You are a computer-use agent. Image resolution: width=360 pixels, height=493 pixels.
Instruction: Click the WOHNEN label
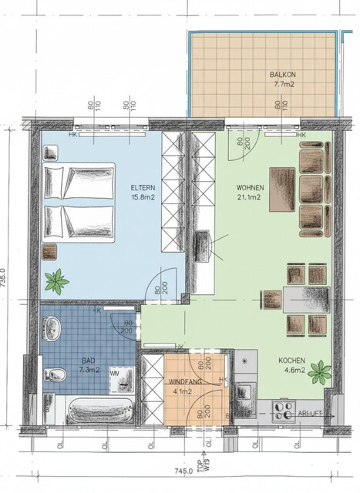[251, 188]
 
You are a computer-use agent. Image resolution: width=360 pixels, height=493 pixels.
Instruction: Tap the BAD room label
[89, 360]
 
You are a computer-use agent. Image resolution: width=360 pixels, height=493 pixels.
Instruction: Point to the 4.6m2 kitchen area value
[295, 371]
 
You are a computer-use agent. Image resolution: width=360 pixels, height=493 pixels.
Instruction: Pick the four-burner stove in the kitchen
[282, 413]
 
